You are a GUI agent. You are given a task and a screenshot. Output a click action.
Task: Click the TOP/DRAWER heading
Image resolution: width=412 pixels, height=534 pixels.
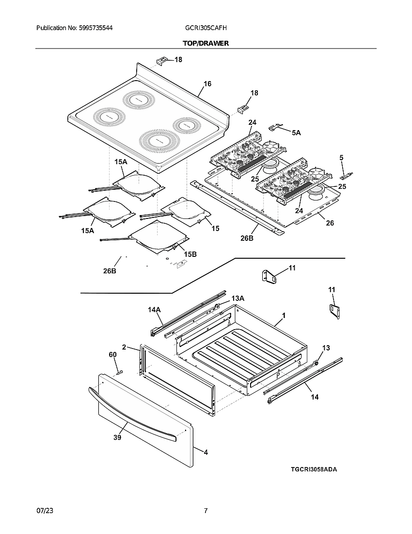206,43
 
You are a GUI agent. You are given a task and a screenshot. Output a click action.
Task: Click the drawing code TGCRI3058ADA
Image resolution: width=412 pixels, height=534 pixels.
314,469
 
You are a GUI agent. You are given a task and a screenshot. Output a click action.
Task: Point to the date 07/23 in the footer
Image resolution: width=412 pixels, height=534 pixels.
44,511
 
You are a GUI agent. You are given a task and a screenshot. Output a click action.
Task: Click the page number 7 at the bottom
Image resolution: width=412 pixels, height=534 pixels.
206,511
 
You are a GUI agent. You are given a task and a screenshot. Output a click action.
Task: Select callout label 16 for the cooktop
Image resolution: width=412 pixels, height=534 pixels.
207,84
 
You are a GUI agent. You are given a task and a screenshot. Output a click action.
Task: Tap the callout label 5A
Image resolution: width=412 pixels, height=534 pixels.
296,132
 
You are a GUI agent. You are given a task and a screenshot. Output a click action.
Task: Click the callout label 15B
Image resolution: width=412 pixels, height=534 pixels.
190,254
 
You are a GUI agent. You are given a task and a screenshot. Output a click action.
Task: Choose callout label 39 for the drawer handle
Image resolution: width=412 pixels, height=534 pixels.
117,437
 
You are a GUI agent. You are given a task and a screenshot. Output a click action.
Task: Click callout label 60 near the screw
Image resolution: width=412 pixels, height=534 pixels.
112,355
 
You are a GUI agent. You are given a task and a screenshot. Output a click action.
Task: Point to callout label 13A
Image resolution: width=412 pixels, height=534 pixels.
238,298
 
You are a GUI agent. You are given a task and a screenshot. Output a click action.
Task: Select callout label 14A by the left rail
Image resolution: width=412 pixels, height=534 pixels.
154,309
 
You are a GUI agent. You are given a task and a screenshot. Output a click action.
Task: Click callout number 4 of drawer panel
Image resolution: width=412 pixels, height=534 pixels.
206,452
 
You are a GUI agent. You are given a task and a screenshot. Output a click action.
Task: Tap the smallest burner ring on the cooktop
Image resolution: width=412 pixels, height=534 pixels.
185,126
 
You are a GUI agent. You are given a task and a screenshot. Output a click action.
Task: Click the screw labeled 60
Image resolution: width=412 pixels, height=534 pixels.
119,372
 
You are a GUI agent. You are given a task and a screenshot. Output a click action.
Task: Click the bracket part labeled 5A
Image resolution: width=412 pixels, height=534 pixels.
276,127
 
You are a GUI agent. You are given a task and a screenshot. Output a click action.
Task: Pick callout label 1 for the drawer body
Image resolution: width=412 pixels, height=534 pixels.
284,316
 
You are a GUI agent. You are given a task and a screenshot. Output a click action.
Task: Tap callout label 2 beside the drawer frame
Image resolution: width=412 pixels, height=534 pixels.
124,347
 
